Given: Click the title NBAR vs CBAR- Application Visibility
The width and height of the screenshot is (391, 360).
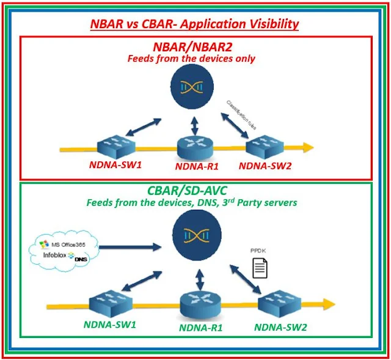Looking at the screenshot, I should (194, 24).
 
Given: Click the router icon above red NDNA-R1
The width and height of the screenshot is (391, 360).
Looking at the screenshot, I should (193, 145).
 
